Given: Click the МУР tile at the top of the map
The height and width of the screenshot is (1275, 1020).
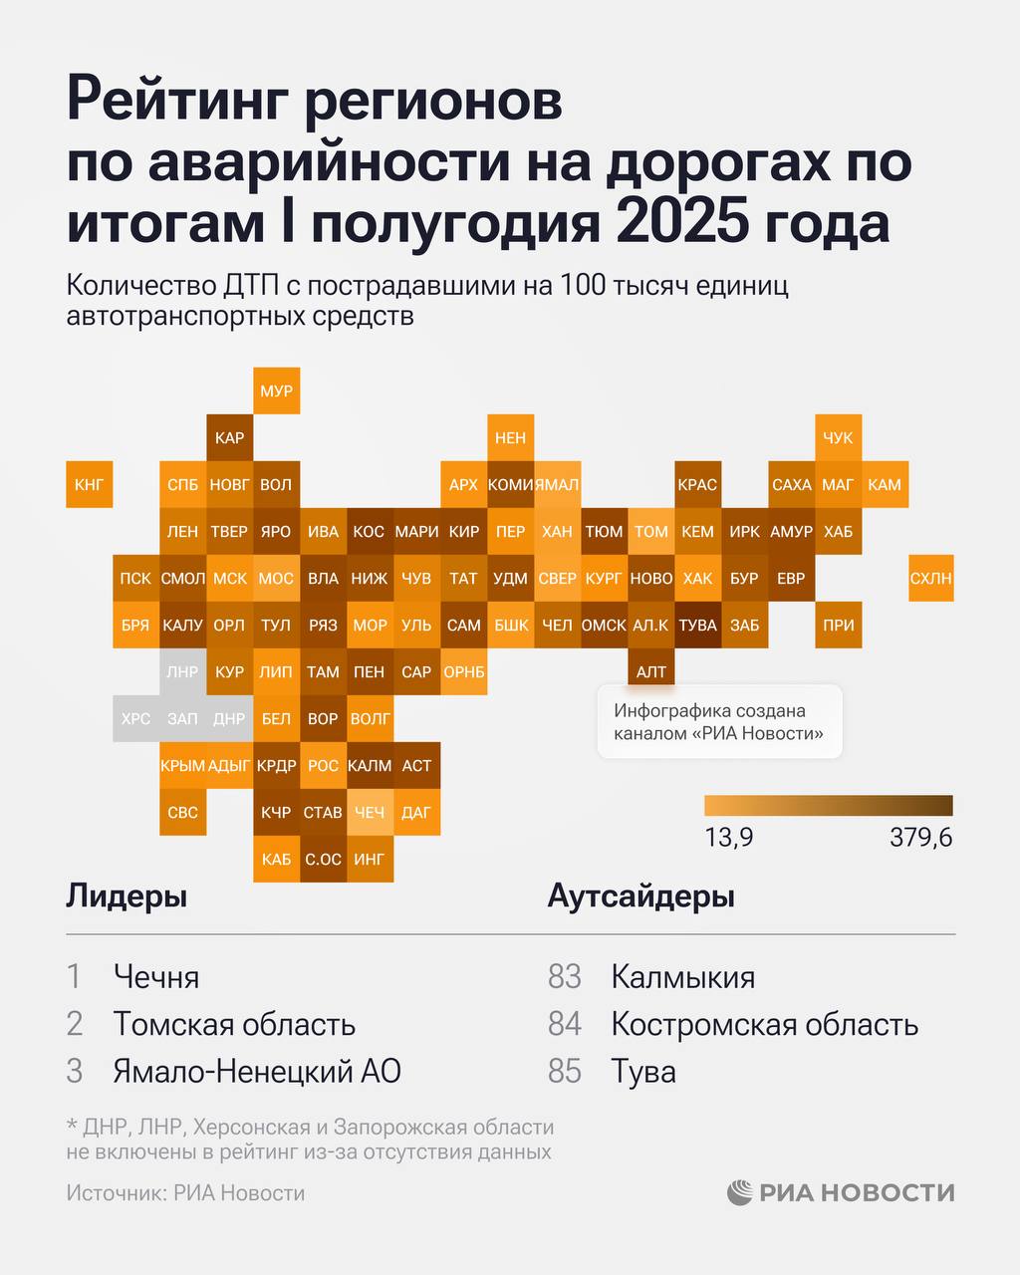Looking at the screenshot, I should tap(276, 390).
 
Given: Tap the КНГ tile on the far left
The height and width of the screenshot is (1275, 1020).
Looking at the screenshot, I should tap(89, 485).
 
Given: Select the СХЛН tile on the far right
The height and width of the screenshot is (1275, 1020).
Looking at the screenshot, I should tap(930, 578).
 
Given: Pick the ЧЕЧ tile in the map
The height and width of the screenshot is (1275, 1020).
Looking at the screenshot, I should tap(369, 812).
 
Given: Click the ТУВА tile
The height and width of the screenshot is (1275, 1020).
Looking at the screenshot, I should tap(697, 626).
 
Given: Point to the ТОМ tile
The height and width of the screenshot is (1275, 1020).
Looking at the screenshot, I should tap(650, 531).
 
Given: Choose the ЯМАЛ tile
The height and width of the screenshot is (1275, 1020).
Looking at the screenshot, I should tap(558, 485).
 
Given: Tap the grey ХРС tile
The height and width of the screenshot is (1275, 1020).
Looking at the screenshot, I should tap(135, 718).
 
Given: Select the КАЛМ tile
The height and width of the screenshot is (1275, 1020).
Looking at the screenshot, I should tap(370, 765).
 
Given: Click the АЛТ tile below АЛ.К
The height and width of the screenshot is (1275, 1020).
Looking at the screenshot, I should tap(650, 672).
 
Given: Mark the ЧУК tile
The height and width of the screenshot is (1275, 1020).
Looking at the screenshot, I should tap(838, 438).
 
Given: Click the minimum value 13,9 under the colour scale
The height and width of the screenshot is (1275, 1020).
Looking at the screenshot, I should tap(728, 838).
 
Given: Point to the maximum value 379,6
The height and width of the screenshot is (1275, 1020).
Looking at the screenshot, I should tap(920, 838).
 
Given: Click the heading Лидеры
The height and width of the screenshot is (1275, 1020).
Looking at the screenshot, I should tap(127, 896).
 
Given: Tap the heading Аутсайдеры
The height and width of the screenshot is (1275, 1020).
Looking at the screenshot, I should tap(640, 896).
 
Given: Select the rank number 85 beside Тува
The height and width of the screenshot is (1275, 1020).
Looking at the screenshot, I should tap(565, 1072).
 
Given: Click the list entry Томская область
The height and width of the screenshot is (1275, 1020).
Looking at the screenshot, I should tap(234, 1024).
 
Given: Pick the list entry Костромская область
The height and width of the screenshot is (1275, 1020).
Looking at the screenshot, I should tap(764, 1024).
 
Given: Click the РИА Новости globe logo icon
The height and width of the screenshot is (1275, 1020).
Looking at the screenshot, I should tap(740, 1192).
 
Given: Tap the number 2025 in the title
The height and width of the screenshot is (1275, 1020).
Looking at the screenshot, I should tap(682, 223).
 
